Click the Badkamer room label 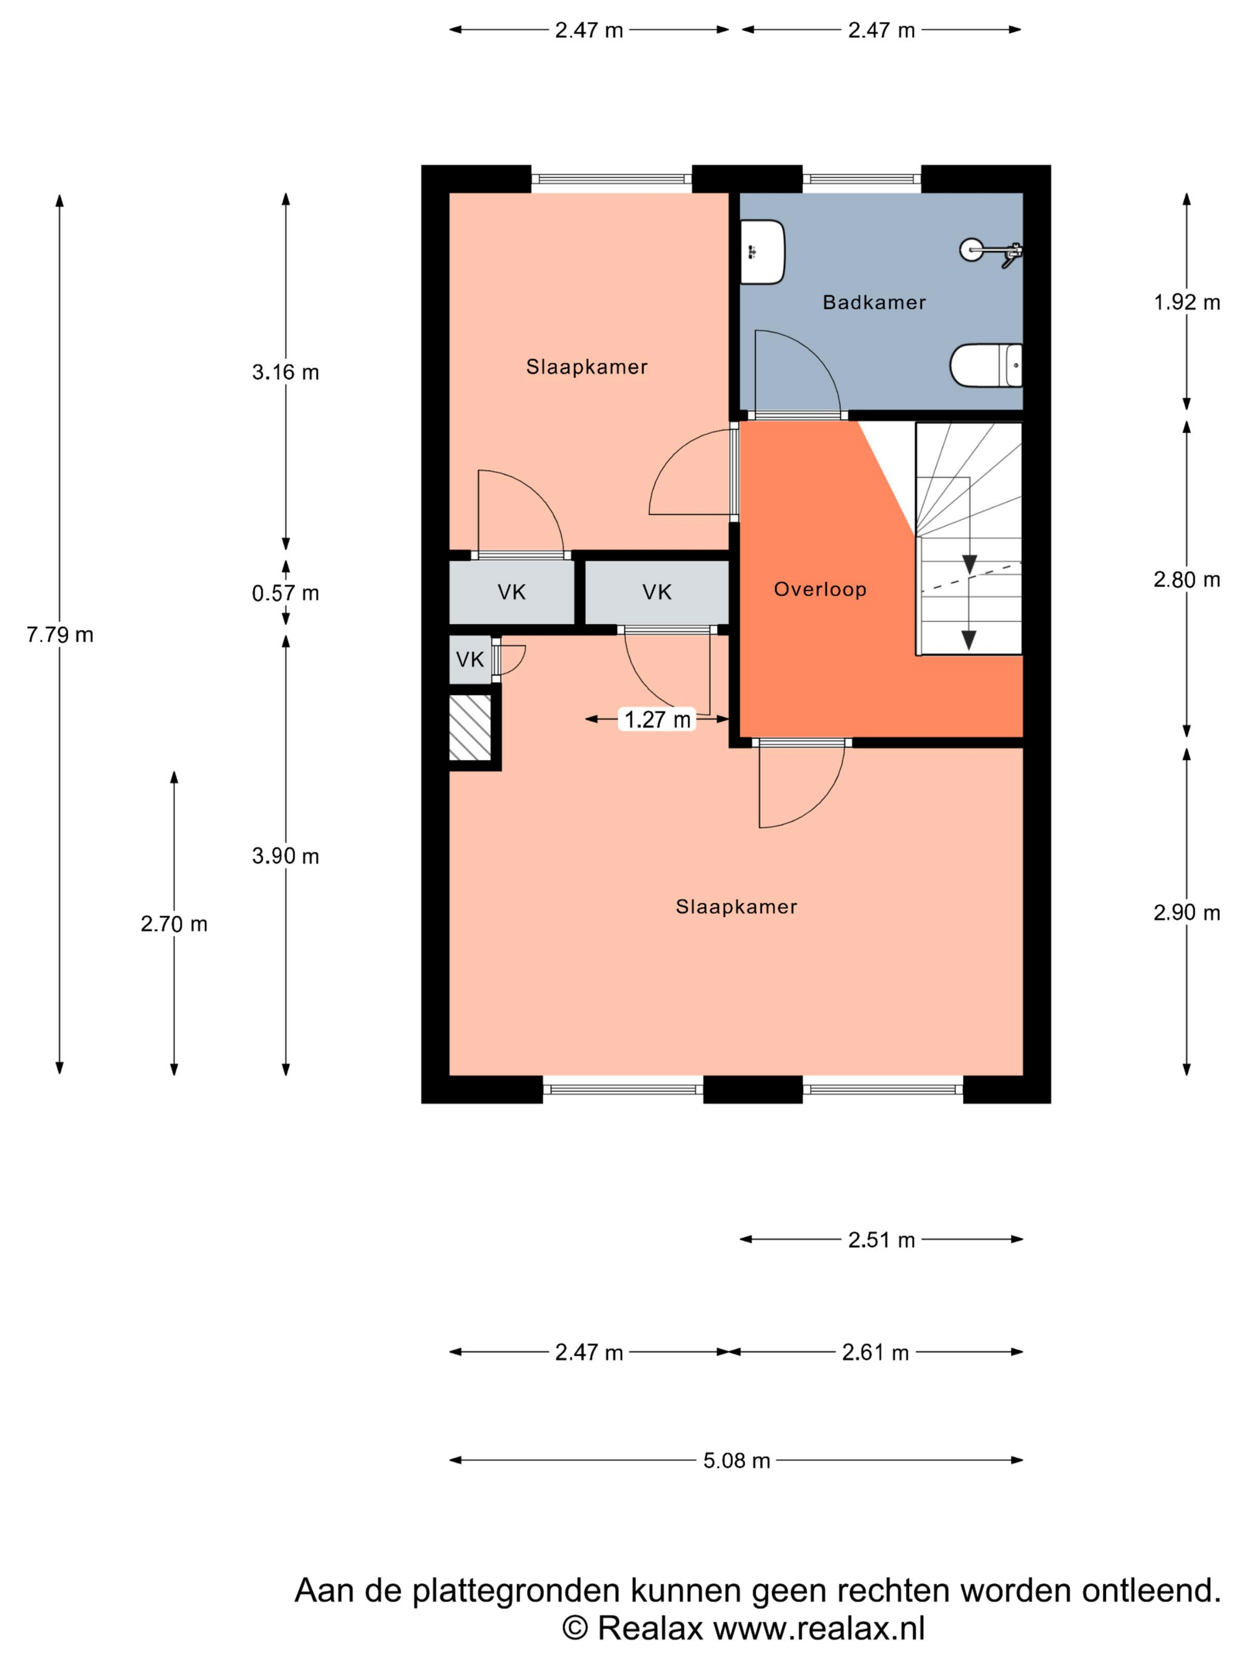(873, 302)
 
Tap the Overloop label (820, 590)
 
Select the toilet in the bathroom (985, 366)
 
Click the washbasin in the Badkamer (762, 252)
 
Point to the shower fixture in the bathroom (992, 250)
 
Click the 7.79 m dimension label (60, 635)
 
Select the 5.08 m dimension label (737, 1461)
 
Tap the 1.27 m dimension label (658, 720)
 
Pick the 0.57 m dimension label (286, 594)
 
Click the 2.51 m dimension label (882, 1240)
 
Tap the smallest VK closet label (470, 659)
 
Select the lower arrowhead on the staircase (969, 640)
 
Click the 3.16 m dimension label (286, 372)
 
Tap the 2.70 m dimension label (173, 924)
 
